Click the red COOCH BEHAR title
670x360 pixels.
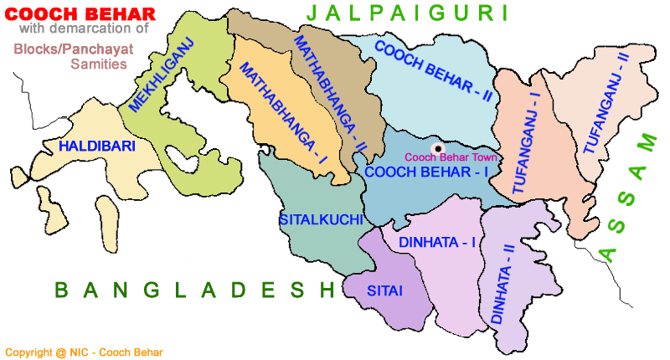point(80,13)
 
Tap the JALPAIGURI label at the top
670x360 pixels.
point(408,13)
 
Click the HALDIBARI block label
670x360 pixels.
point(97,146)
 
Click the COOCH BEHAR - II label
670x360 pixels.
point(433,70)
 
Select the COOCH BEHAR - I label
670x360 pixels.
point(426,172)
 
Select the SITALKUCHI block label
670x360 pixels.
point(321,219)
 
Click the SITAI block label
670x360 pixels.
point(385,291)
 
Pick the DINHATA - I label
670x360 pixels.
point(437,242)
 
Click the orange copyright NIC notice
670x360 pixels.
point(84,352)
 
